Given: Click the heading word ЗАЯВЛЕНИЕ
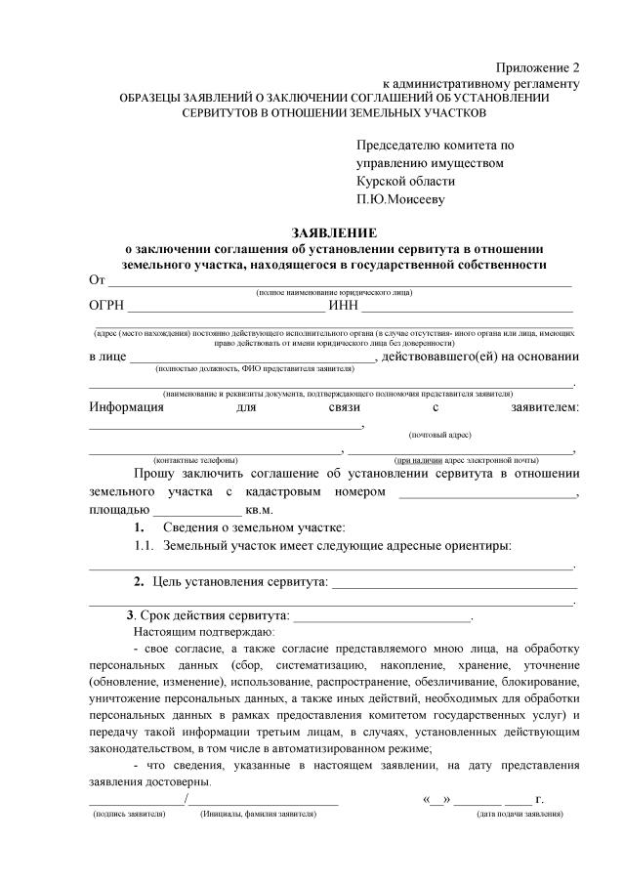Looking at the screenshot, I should pos(333,232).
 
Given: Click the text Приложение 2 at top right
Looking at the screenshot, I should pos(538,67).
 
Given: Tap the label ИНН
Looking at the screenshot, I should pos(344,308).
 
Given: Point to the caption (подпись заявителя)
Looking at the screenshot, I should pos(128,814).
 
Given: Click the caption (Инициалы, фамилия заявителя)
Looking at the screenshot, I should pos(258,814).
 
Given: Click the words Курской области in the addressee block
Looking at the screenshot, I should pos(405,181).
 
